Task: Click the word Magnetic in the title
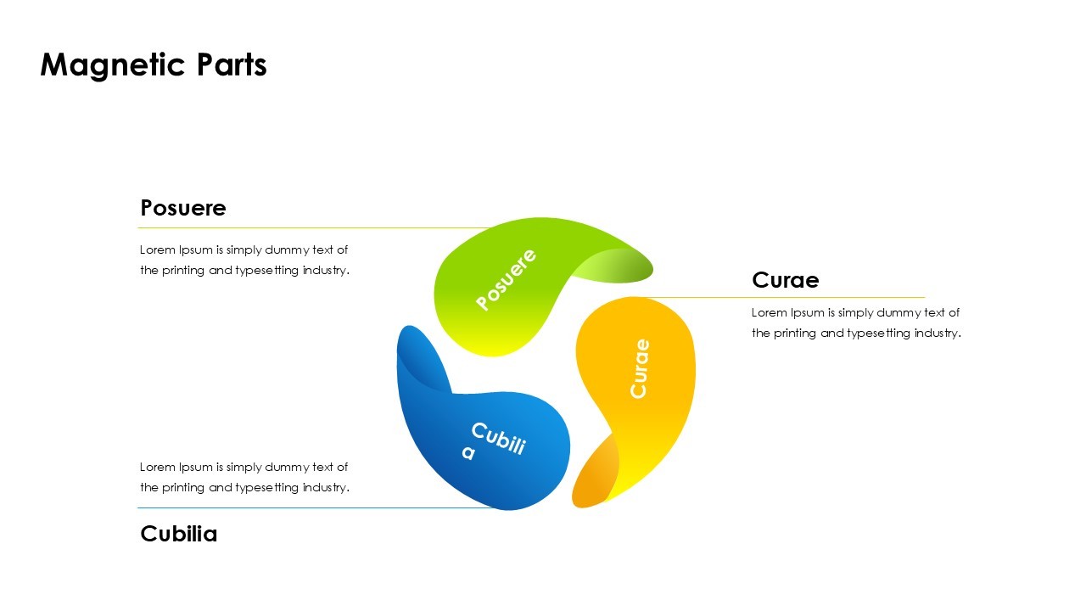(100, 65)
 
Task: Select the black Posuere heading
(183, 208)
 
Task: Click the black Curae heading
(785, 280)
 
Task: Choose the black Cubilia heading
(179, 534)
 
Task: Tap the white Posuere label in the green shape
(507, 279)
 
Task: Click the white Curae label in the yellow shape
(640, 368)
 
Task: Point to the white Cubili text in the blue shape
(499, 439)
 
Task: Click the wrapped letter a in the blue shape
(468, 453)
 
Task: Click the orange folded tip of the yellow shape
(594, 479)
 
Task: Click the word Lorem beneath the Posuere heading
(158, 250)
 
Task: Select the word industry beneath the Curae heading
(936, 334)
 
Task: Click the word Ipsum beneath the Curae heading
(808, 313)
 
